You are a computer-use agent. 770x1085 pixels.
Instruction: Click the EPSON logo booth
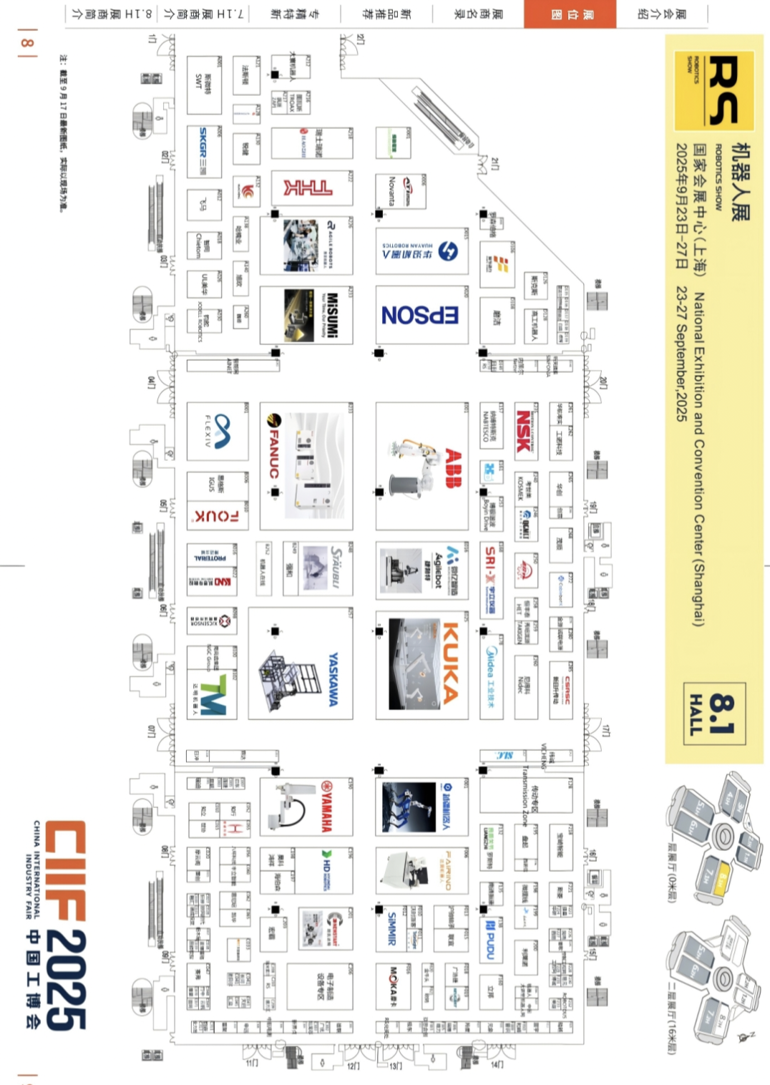coord(421,315)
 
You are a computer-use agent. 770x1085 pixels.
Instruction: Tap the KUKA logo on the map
coord(451,663)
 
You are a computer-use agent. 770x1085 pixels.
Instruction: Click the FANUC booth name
coord(273,447)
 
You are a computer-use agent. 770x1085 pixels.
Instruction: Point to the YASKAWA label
coord(333,679)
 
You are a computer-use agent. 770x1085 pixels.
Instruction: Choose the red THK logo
coord(308,188)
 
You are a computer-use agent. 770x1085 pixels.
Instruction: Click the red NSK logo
coord(525,430)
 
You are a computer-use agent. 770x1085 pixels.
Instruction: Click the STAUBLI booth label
coord(336,568)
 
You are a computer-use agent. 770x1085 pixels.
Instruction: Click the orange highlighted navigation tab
coord(570,14)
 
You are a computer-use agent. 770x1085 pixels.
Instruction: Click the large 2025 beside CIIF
coord(66,981)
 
